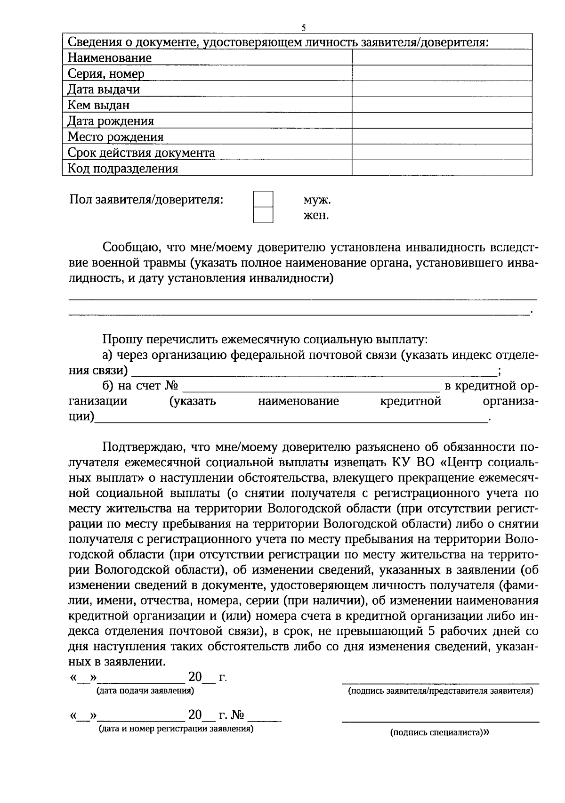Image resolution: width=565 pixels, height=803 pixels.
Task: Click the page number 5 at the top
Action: pos(303,28)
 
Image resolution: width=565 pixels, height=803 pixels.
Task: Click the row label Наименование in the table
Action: pos(110,58)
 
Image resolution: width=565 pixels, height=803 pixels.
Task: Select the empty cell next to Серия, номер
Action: pos(442,73)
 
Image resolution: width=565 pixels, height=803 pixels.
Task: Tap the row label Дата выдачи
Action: pos(104,89)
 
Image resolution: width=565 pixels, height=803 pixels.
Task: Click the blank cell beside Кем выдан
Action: pos(442,105)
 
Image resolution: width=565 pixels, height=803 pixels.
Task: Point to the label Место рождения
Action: pos(115,137)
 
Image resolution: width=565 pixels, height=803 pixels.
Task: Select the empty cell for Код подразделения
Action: pos(442,168)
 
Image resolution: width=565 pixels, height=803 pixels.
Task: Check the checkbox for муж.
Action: pos(263,199)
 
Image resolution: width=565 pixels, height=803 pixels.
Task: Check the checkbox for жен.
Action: pos(263,215)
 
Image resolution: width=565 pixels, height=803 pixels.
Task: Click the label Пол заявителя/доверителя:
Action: pos(146,200)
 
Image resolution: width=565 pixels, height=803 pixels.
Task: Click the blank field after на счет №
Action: pos(311,388)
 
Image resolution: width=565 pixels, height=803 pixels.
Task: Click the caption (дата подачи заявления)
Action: pos(145,691)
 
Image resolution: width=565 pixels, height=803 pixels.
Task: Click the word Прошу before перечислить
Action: pos(118,339)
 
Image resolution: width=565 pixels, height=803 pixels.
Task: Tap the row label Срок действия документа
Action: pos(141,153)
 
